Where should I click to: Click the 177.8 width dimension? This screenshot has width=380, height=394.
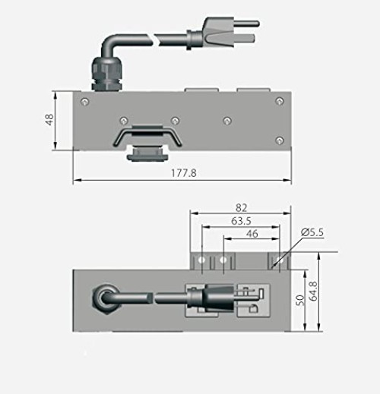coord(184,173)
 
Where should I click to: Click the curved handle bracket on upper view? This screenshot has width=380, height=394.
coord(147,137)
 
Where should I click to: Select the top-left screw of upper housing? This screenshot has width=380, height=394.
coord(84,101)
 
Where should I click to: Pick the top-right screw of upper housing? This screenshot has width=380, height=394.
coord(280,101)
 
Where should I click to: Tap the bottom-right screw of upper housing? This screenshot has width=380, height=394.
coord(280,139)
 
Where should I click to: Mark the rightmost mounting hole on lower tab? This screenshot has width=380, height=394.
coord(275,260)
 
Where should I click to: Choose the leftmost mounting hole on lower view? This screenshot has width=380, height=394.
coord(201,260)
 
